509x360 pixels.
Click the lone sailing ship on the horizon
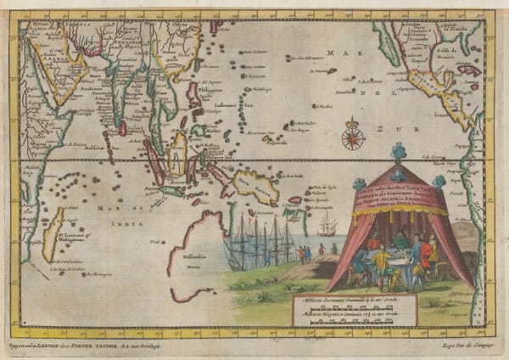(x=326, y=226)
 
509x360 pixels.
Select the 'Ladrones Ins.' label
(x=230, y=99)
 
